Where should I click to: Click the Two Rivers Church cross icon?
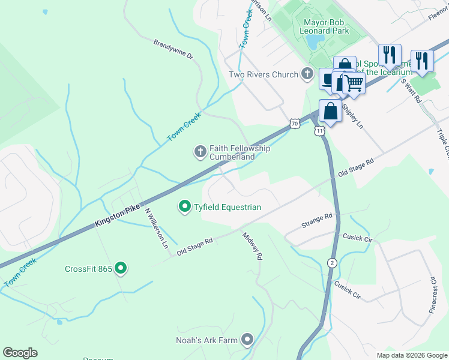pyautogui.click(x=307, y=74)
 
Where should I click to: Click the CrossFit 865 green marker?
pyautogui.click(x=121, y=268)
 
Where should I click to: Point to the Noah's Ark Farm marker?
pyautogui.click(x=247, y=340)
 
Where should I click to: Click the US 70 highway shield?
pyautogui.click(x=294, y=124)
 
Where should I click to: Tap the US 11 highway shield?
pyautogui.click(x=319, y=130)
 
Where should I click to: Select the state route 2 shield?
pyautogui.click(x=331, y=263)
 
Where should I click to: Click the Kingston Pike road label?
pyautogui.click(x=118, y=217)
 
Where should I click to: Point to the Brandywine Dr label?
pyautogui.click(x=173, y=49)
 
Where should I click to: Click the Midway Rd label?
pyautogui.click(x=253, y=247)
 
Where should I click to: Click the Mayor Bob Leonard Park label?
pyautogui.click(x=322, y=26)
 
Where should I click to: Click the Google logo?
pyautogui.click(x=20, y=353)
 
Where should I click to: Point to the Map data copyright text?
pyautogui.click(x=412, y=355)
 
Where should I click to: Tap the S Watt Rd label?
pyautogui.click(x=412, y=91)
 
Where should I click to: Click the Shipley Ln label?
pyautogui.click(x=352, y=116)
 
